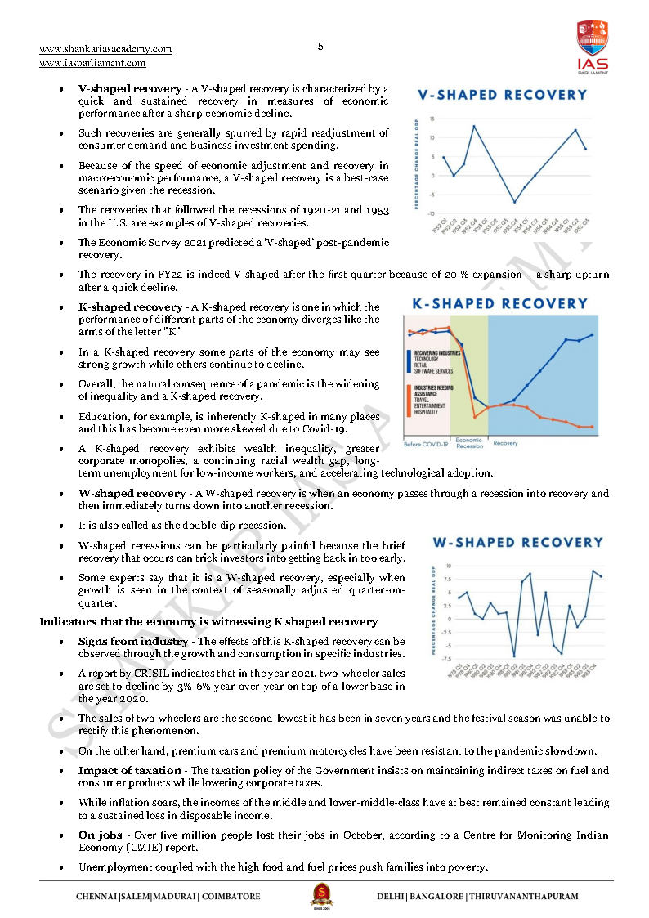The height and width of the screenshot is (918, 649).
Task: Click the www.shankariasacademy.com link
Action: point(105,49)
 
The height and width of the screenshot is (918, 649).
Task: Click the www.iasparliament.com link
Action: point(92,63)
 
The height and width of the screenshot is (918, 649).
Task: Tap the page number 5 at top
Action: point(320,47)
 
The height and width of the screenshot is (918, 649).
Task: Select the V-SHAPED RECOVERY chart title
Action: point(502,95)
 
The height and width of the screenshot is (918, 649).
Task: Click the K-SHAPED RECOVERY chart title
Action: point(499,303)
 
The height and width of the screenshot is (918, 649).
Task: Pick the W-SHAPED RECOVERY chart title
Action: point(517,542)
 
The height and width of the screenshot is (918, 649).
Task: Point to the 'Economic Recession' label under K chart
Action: point(469,443)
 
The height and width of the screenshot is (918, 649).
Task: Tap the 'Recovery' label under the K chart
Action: point(505,443)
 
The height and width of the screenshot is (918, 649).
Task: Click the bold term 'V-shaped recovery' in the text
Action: point(129,88)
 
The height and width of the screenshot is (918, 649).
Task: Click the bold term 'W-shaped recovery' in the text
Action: point(131,494)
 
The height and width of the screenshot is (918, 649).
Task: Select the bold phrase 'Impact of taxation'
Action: point(129,771)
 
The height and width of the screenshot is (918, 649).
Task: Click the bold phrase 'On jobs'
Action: point(99,835)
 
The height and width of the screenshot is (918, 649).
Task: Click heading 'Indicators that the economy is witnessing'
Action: point(208,622)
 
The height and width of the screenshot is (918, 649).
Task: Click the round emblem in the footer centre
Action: point(320,893)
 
